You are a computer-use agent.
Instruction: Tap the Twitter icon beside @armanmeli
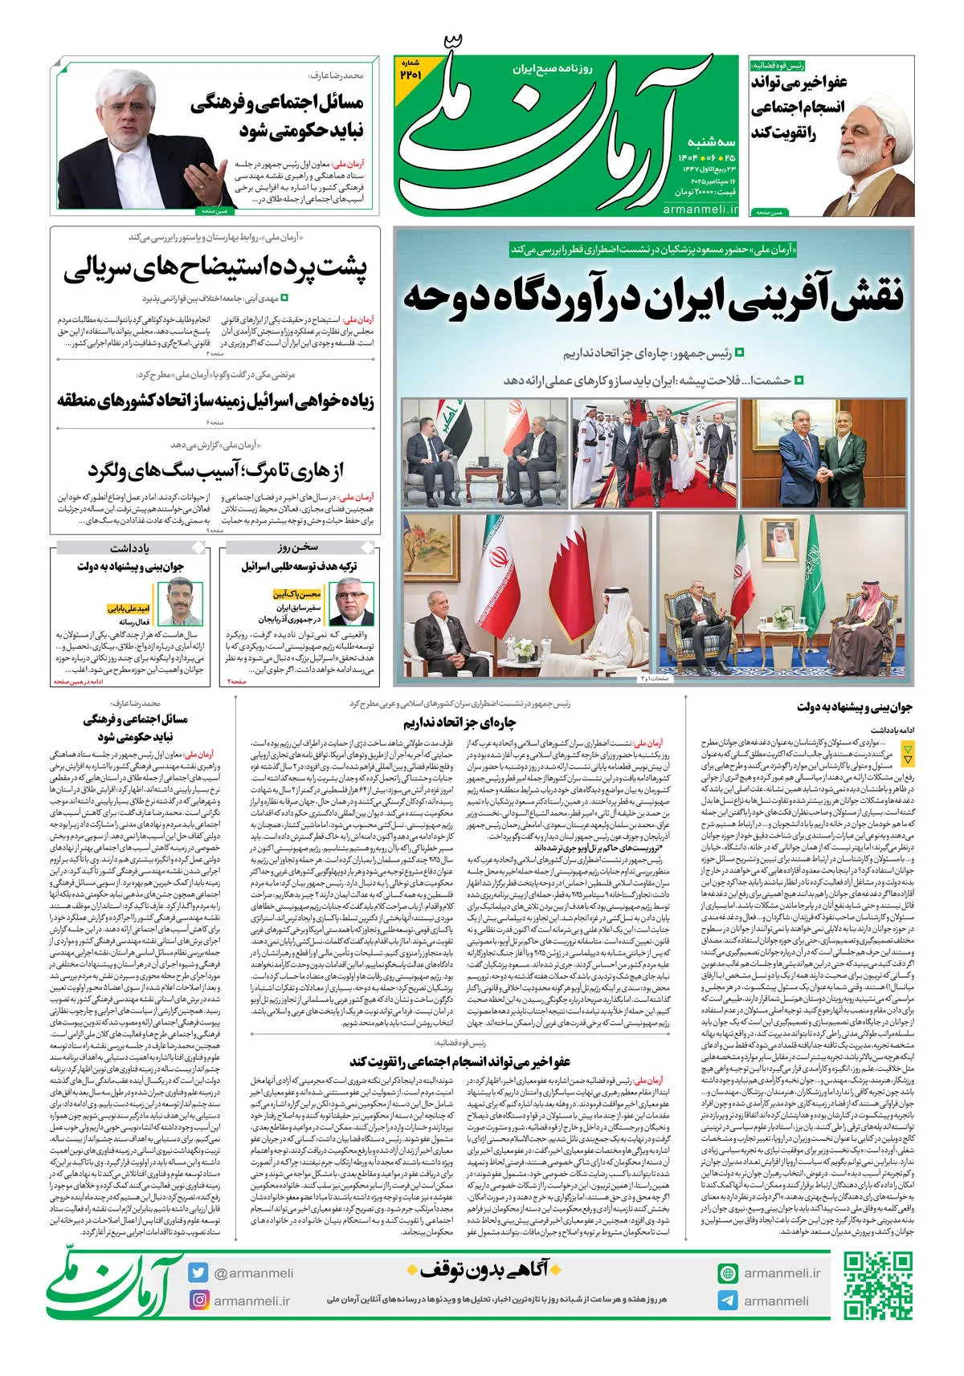pos(198,1272)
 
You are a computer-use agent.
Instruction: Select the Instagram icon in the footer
pos(198,1300)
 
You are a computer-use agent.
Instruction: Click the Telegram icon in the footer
pos(728,1301)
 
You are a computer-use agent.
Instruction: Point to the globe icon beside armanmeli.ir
pos(728,1273)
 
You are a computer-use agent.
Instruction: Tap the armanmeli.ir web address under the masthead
pos(700,210)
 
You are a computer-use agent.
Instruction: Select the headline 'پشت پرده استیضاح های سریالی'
pos(215,269)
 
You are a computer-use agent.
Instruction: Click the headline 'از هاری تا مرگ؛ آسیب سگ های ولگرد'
pos(215,470)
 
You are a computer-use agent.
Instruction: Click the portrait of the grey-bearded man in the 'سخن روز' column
pos(353,604)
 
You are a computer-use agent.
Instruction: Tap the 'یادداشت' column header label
pos(130,548)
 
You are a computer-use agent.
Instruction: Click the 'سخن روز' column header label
pos(298,548)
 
